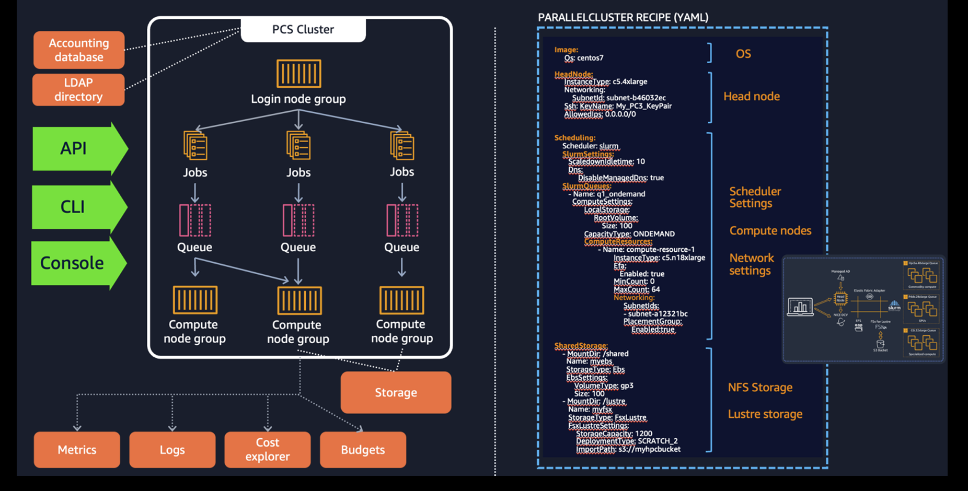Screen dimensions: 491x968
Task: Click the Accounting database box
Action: pyautogui.click(x=79, y=50)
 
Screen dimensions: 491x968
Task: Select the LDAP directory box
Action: pyautogui.click(x=78, y=90)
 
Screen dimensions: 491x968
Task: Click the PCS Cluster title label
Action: pyautogui.click(x=303, y=30)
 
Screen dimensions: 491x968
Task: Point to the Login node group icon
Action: pyautogui.click(x=298, y=74)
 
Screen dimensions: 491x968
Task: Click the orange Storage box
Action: pyautogui.click(x=396, y=392)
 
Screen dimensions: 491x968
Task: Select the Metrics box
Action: pyautogui.click(x=77, y=450)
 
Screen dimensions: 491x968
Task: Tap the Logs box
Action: pyautogui.click(x=172, y=450)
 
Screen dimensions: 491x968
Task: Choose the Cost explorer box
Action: pyautogui.click(x=267, y=450)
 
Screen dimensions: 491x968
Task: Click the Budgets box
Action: pyautogui.click(x=363, y=450)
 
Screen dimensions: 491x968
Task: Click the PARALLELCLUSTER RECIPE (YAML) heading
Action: pyautogui.click(x=623, y=18)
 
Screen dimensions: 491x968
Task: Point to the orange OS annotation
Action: pyautogui.click(x=743, y=54)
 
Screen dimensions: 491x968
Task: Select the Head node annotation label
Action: pyautogui.click(x=751, y=97)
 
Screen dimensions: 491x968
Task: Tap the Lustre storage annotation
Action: pyautogui.click(x=765, y=414)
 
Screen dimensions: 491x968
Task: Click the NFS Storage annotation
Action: pyautogui.click(x=760, y=388)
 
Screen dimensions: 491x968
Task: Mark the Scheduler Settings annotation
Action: pyautogui.click(x=755, y=197)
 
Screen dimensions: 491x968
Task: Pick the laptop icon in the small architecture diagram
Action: pyautogui.click(x=800, y=307)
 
